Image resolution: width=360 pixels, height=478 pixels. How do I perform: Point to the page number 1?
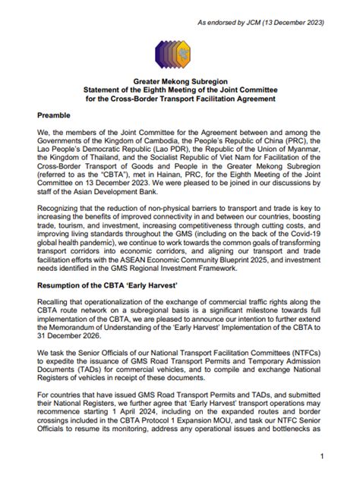point(322,457)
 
